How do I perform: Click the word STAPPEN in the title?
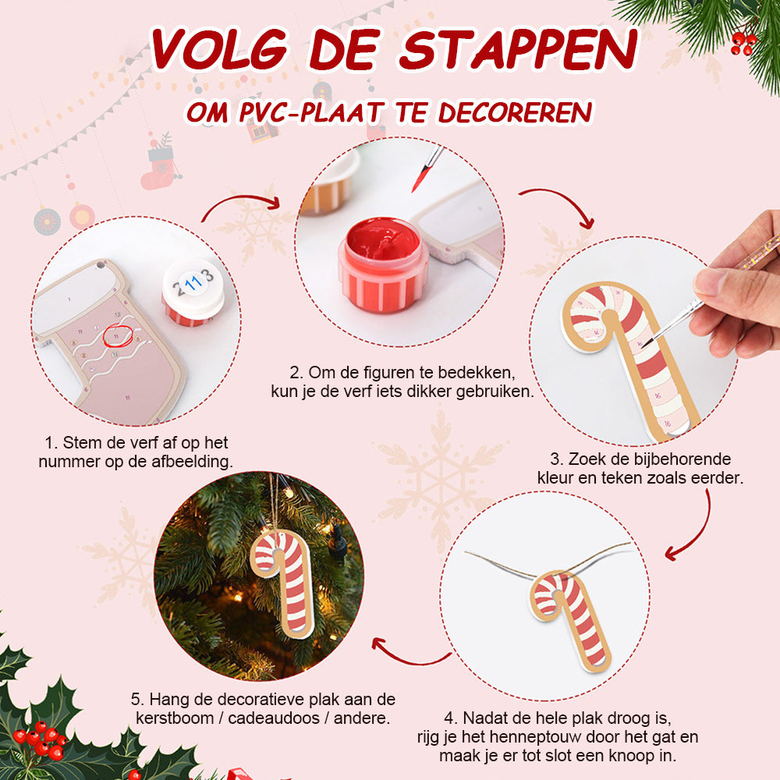point(519,49)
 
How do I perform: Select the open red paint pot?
point(383,264)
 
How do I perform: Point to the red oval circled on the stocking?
point(119,335)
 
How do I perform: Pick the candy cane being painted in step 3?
point(629,358)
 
